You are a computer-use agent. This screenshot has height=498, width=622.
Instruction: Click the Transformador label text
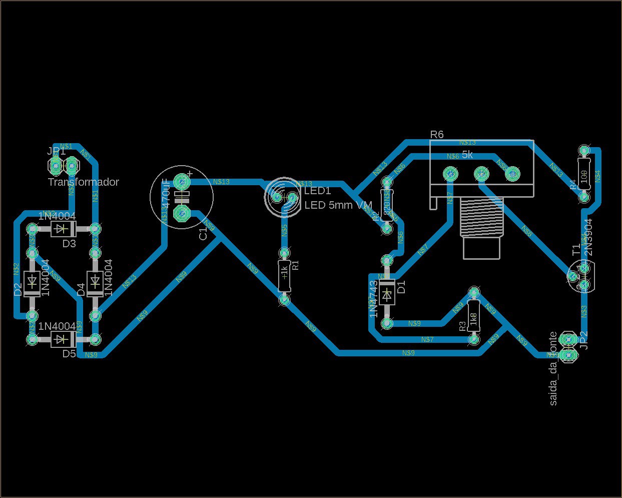[84, 182]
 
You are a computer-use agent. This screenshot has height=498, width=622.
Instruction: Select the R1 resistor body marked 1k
[284, 276]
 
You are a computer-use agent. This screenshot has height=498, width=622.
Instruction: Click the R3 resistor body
[473, 316]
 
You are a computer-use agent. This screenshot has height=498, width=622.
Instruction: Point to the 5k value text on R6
[467, 155]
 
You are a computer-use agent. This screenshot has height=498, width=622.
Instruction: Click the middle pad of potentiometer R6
[481, 174]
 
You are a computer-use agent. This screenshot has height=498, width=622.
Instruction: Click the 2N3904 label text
[588, 237]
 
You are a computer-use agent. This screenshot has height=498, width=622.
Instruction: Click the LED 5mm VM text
[338, 205]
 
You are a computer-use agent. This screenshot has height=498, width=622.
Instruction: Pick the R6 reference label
[437, 134]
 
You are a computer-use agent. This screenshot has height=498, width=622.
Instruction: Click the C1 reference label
[203, 234]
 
